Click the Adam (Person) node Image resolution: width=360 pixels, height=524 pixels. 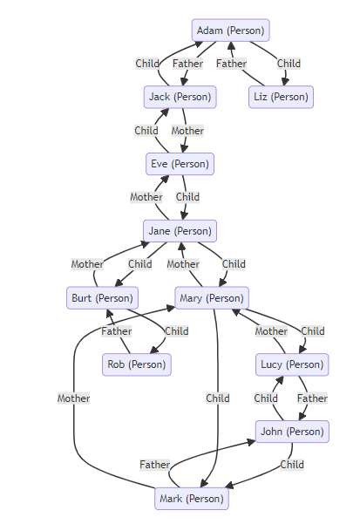click(x=230, y=31)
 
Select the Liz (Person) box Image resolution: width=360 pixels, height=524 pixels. click(x=281, y=97)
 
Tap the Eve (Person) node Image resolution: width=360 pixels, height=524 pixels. click(x=180, y=164)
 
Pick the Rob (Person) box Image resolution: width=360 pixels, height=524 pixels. click(x=137, y=364)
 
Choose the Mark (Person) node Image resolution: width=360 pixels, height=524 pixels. click(x=192, y=499)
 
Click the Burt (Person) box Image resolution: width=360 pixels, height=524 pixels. click(x=102, y=298)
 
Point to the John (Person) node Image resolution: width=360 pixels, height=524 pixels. click(x=292, y=432)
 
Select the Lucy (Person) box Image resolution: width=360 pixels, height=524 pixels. click(x=292, y=364)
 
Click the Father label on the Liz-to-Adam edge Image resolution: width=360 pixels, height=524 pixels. click(x=232, y=64)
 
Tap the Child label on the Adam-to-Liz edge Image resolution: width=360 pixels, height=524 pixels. click(x=289, y=64)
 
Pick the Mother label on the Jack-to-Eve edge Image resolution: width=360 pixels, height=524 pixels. click(x=187, y=131)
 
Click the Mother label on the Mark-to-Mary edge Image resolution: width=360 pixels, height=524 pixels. click(x=73, y=398)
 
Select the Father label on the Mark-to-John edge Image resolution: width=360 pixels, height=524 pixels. click(x=155, y=465)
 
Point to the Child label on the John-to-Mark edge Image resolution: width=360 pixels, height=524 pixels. click(x=292, y=465)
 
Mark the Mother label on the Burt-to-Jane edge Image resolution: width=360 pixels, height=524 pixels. click(x=87, y=264)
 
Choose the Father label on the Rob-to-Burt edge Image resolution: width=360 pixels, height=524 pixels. click(x=117, y=331)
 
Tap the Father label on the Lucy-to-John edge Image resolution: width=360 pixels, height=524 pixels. click(x=312, y=398)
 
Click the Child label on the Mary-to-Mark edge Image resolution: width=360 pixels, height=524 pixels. click(x=218, y=398)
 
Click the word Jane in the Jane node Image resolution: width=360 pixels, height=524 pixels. click(x=160, y=231)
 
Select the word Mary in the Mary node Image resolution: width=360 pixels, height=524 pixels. click(x=191, y=298)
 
